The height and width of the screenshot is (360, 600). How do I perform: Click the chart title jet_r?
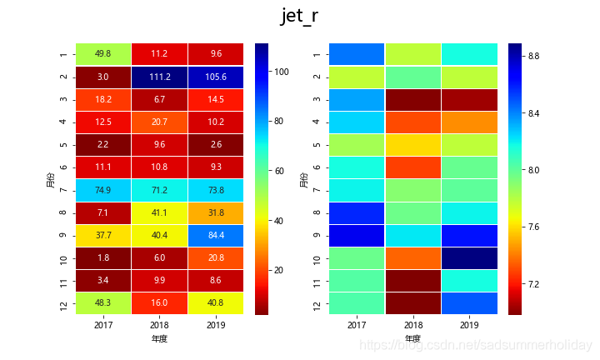coord(299,17)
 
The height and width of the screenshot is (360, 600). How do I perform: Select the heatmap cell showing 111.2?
coord(159,77)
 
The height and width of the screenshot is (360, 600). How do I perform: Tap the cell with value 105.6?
coord(215,77)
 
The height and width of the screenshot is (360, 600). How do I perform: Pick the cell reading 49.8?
coord(103,54)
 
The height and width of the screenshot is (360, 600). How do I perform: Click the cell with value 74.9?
coord(103,190)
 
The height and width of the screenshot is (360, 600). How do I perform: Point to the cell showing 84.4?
coord(215,235)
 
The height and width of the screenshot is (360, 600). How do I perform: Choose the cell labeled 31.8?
coord(215,212)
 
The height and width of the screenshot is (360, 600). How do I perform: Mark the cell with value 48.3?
coord(103,303)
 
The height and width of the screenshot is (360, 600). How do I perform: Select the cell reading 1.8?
coord(103,257)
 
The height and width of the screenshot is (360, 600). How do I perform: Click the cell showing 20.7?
coord(159,122)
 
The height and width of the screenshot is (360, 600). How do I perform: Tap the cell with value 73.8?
coord(215,190)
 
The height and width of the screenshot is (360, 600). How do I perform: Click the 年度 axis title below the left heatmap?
coord(159,338)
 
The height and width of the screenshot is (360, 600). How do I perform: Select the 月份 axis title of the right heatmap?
coord(303,179)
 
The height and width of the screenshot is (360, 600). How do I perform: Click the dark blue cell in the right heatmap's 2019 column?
coord(468,257)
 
